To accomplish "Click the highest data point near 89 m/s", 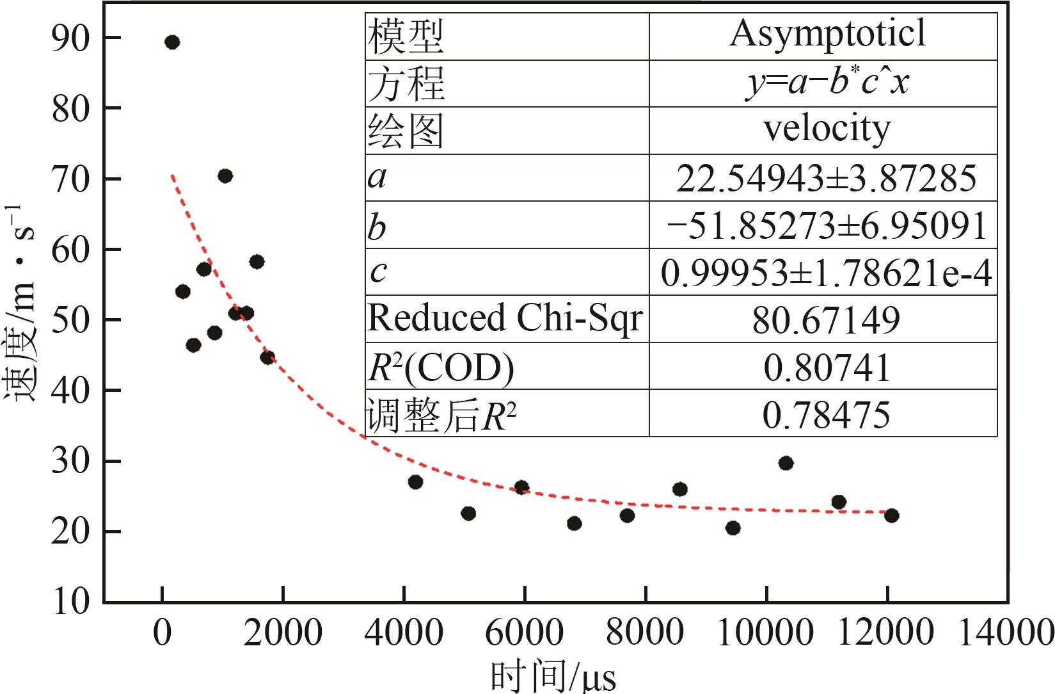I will click(171, 42).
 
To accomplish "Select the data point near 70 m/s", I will click(225, 176).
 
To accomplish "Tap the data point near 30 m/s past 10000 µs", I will click(786, 463).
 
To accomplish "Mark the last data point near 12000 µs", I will click(891, 515).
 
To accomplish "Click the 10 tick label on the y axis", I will click(68, 602).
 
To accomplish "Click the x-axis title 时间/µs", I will click(553, 675).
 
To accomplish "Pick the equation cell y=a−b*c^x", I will click(827, 83).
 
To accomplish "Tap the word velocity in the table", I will click(827, 129).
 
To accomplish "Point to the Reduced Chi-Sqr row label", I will click(505, 318).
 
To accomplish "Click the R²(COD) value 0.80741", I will click(827, 367).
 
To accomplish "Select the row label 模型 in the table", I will click(405, 36).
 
